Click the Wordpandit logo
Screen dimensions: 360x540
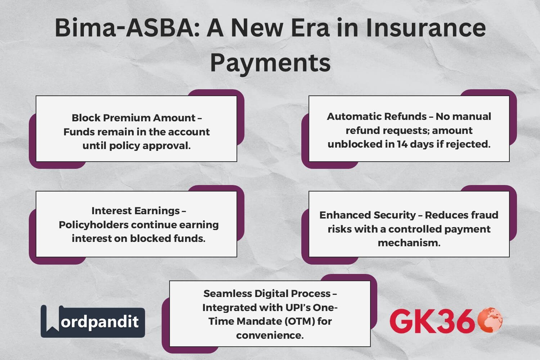pyautogui.click(x=93, y=321)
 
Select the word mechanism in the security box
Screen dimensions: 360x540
pyautogui.click(x=409, y=243)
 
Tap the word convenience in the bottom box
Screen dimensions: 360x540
pyautogui.click(x=270, y=336)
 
